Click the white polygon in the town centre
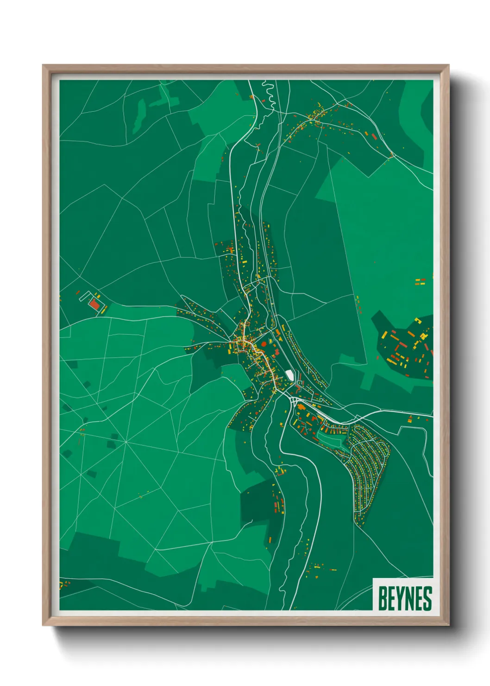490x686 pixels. (x=289, y=374)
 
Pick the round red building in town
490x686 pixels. (x=264, y=344)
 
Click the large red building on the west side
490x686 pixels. (x=94, y=304)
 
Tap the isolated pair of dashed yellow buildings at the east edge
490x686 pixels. (x=420, y=281)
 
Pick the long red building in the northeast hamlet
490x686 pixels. (x=374, y=136)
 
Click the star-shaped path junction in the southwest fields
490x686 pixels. (x=126, y=442)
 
